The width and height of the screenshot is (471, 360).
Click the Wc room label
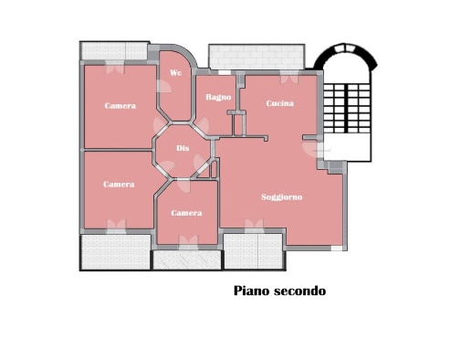point(175,72)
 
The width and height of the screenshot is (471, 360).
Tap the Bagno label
point(218,97)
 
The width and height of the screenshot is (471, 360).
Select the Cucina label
point(279,103)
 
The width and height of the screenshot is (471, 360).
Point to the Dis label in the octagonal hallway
point(183,149)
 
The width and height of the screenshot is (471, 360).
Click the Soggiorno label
point(281,196)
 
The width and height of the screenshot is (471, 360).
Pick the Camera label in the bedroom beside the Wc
point(120,106)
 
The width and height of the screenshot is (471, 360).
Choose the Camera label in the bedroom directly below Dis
point(186,213)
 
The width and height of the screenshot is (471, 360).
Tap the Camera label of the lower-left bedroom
point(119,184)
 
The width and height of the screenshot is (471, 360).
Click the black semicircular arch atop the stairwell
point(346,57)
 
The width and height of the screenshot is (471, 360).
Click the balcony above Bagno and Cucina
point(254,57)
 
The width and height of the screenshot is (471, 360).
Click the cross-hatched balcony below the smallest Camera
point(187,259)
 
